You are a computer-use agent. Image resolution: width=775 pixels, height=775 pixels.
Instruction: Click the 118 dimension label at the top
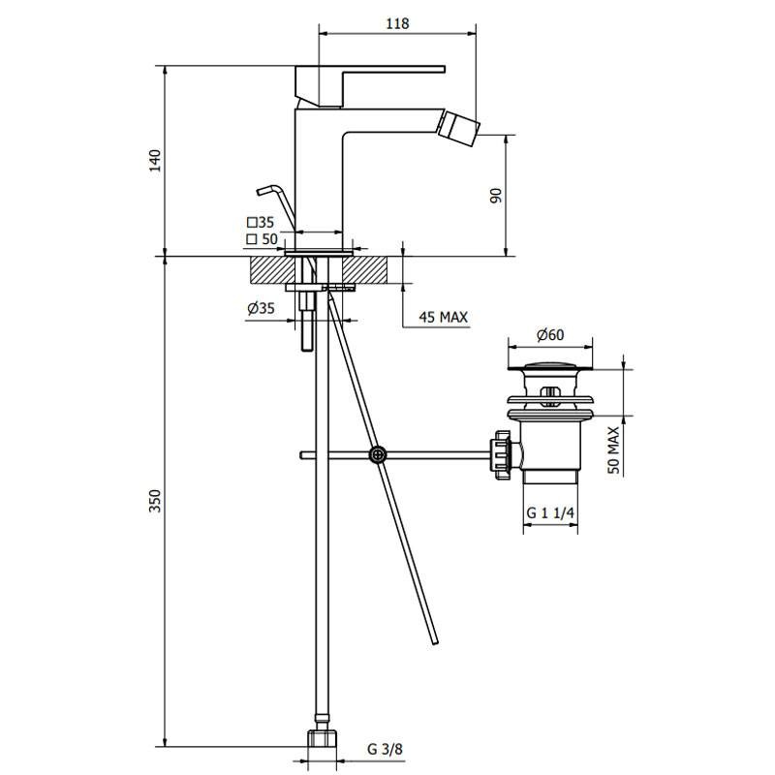coord(397,23)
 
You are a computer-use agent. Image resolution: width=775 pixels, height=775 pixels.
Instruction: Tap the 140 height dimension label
coord(155,160)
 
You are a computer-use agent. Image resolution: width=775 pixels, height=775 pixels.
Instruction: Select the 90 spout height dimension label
coord(496,196)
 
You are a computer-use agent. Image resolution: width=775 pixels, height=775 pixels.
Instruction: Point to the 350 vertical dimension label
coord(155,501)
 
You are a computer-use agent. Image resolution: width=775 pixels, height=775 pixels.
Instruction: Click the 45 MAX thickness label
coord(444,317)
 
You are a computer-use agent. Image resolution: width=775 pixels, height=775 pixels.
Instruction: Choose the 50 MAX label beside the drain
coord(613,450)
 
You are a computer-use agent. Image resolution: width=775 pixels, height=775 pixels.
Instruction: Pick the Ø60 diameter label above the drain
coord(550,334)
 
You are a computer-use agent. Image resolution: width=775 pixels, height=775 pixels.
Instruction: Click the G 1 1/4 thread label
coord(550,512)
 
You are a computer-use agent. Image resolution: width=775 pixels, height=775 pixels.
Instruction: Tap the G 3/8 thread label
coord(385,749)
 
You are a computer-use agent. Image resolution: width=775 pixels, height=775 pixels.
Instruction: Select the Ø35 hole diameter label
coord(261,308)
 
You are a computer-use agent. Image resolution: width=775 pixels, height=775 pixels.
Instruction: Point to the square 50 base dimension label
coord(262,239)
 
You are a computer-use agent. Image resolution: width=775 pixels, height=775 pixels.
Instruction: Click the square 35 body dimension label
coord(261,222)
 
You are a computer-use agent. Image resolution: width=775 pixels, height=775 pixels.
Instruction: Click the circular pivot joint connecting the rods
coord(378,454)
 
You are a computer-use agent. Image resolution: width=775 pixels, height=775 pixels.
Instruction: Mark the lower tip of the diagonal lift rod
coord(435,642)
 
